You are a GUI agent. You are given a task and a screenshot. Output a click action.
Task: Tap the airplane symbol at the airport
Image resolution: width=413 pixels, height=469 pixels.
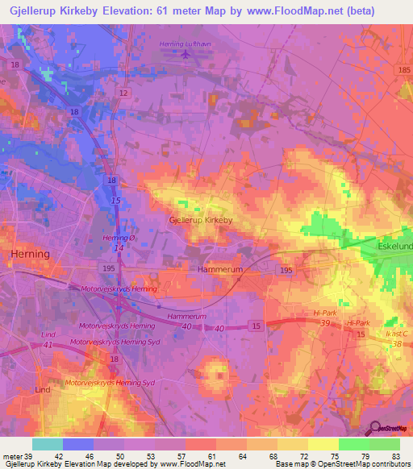(186, 55)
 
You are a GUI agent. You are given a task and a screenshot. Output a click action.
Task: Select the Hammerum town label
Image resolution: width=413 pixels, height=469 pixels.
(220, 271)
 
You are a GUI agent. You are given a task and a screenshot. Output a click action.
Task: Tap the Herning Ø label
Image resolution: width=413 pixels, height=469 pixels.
(118, 239)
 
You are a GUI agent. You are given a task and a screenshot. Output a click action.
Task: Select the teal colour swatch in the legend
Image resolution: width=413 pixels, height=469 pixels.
(47, 444)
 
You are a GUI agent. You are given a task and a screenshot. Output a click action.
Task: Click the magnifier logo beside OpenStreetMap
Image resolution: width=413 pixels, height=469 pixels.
(374, 429)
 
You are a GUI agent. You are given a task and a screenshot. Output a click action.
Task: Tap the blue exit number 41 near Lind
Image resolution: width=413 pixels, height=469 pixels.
(50, 345)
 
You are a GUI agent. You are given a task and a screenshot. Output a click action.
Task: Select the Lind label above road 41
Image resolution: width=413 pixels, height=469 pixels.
(50, 334)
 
